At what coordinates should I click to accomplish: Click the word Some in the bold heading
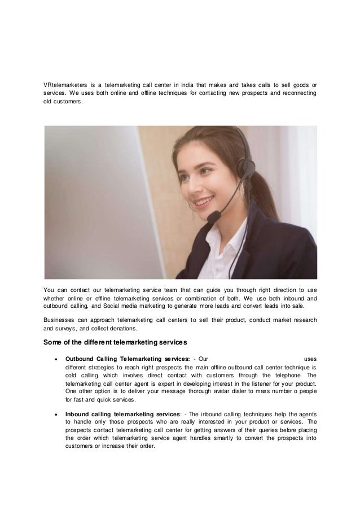(x=54, y=343)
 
